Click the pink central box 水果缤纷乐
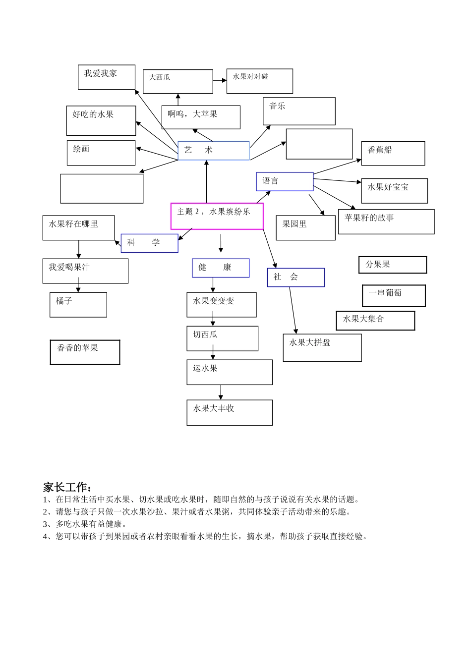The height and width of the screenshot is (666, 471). point(217,216)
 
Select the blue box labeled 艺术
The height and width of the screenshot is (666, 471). point(213,151)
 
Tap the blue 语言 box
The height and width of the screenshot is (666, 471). point(285,181)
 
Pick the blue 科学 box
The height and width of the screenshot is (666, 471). point(149,243)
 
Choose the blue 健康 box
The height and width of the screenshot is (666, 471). point(221,268)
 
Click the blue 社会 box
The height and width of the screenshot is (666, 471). point(295,277)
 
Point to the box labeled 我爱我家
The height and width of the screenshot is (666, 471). point(106,77)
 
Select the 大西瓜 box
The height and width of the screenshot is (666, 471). point(177,81)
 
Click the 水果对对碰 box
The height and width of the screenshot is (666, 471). point(259,81)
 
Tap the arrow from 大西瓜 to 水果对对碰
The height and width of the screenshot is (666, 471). point(220,80)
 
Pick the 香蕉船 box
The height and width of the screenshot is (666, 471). point(393,153)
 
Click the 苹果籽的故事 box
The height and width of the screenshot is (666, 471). point(386,222)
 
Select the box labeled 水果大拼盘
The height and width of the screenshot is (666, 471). point(322,347)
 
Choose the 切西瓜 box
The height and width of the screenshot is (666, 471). point(222,338)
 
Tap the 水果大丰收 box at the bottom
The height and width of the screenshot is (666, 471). point(229,412)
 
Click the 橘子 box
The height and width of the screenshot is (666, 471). point(78,305)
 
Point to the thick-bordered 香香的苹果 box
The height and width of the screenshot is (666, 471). point(85,352)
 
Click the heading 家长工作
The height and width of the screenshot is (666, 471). point(67,487)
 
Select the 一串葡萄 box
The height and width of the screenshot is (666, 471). point(394,296)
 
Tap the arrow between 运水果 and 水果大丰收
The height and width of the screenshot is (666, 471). point(221,392)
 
